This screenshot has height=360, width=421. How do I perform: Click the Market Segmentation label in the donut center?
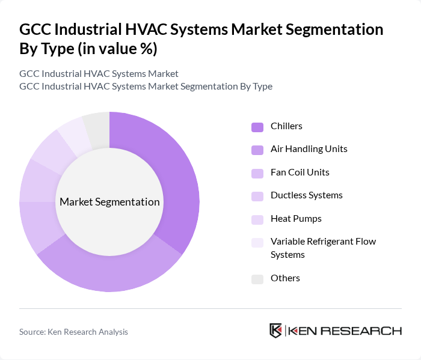click(109, 202)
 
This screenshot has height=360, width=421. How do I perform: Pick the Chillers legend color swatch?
click(257, 127)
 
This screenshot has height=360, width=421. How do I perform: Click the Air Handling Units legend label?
click(309, 148)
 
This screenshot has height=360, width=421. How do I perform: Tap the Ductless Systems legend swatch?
click(257, 196)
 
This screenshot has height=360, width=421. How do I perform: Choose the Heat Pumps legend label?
click(296, 218)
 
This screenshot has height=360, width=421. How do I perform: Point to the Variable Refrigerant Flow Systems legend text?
click(323, 248)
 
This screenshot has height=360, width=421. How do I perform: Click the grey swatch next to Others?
click(257, 279)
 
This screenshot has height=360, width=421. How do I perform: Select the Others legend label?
click(285, 278)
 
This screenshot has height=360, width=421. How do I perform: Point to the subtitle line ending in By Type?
click(146, 86)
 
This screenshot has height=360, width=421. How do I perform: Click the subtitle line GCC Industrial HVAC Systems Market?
click(99, 73)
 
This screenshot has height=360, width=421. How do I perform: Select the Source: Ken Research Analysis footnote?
click(73, 331)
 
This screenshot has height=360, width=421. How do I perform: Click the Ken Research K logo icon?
click(275, 331)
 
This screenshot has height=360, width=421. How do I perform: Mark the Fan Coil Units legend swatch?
click(257, 173)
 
